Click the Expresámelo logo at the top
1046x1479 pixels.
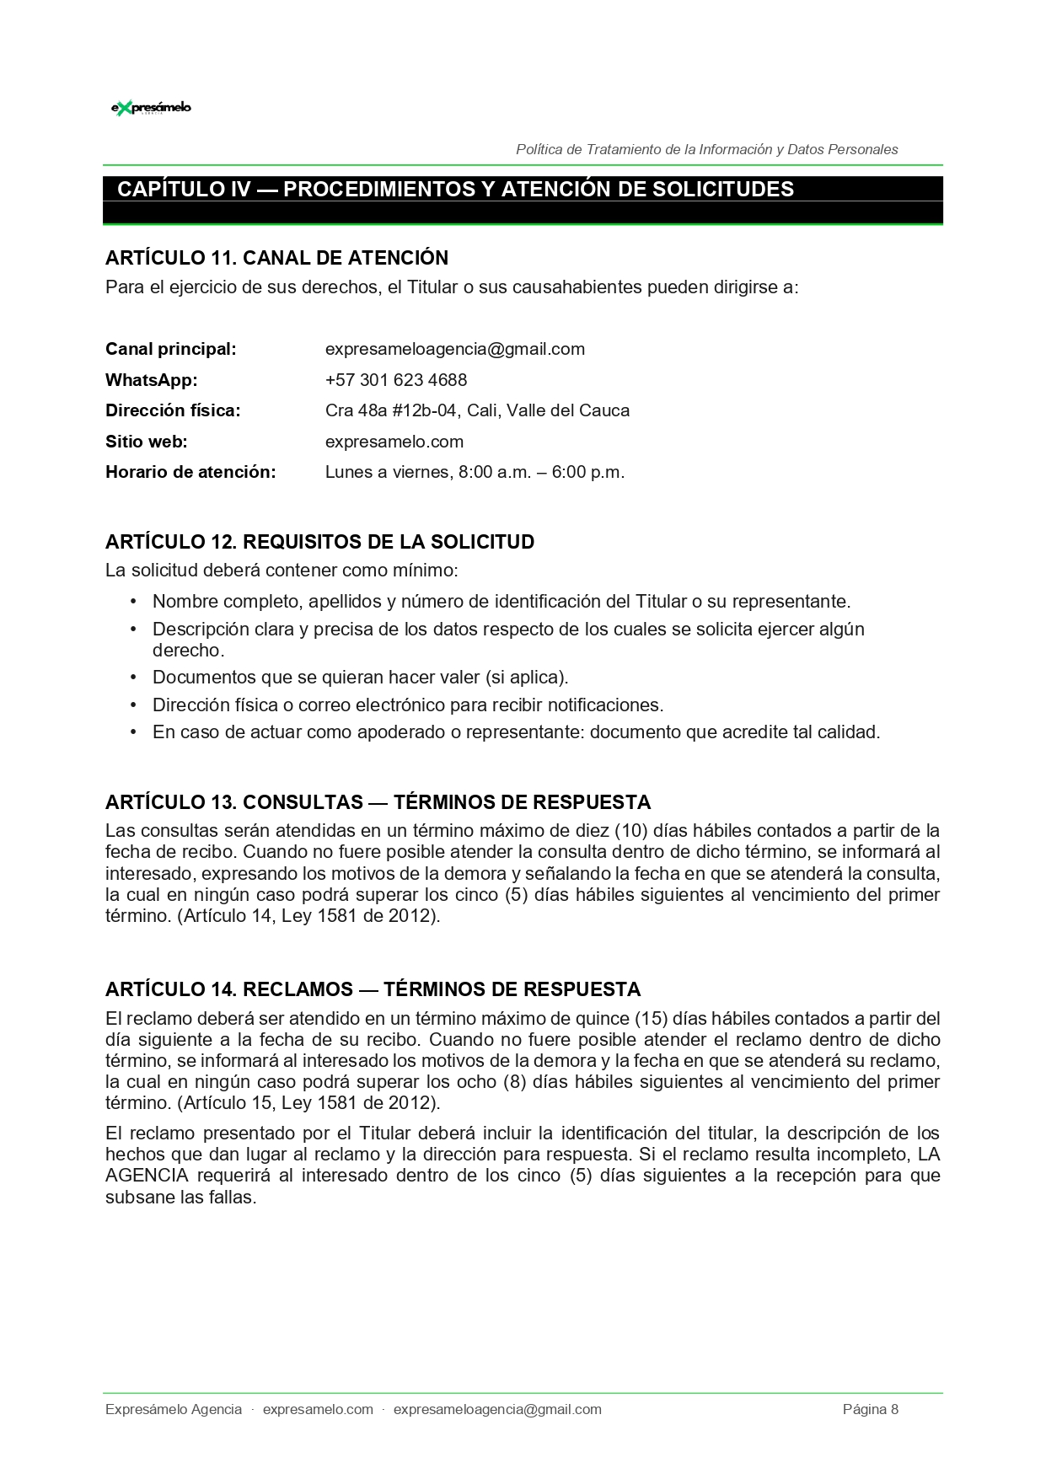pyautogui.click(x=151, y=108)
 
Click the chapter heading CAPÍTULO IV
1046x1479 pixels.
pyautogui.click(x=455, y=189)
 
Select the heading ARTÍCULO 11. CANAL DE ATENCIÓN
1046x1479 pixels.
pyautogui.click(x=276, y=258)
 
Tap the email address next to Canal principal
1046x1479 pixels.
pyautogui.click(x=454, y=349)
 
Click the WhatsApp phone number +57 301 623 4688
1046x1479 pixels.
pyautogui.click(x=395, y=380)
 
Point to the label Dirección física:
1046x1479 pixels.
pyautogui.click(x=173, y=410)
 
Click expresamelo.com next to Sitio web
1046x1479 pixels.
pyautogui.click(x=394, y=442)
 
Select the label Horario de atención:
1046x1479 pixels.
pyautogui.click(x=190, y=472)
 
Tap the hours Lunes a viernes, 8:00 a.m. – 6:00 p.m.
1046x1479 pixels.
pyautogui.click(x=475, y=472)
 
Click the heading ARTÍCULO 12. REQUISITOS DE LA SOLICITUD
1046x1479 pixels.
pyautogui.click(x=319, y=542)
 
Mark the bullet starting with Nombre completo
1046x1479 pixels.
pyautogui.click(x=501, y=602)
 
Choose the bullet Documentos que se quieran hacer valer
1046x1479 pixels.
pyautogui.click(x=360, y=678)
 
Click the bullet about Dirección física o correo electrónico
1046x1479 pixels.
pyautogui.click(x=408, y=705)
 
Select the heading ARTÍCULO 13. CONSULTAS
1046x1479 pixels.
pyautogui.click(x=378, y=802)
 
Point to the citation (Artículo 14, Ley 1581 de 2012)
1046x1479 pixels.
pyautogui.click(x=308, y=916)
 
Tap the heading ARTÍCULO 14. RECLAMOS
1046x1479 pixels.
pyautogui.click(x=373, y=989)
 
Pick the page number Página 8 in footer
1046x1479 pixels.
pyautogui.click(x=870, y=1409)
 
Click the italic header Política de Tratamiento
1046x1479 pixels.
pyautogui.click(x=706, y=149)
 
